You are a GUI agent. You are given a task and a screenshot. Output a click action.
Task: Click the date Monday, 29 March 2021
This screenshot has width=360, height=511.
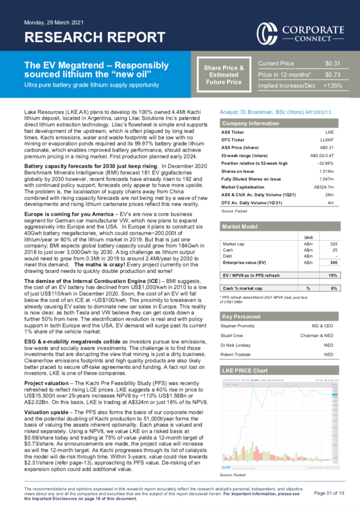(54, 22)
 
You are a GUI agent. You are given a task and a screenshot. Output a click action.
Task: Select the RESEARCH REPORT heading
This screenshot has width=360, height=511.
(95, 37)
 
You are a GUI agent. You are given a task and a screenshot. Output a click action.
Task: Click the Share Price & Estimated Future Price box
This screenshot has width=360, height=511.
(224, 74)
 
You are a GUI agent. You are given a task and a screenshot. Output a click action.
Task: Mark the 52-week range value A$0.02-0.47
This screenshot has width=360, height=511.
(324, 155)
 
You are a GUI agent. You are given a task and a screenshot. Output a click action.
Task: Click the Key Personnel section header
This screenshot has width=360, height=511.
(241, 316)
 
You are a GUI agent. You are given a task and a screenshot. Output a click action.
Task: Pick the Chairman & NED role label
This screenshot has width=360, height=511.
(317, 335)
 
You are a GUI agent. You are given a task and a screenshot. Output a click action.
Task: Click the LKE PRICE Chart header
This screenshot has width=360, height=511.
(244, 371)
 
